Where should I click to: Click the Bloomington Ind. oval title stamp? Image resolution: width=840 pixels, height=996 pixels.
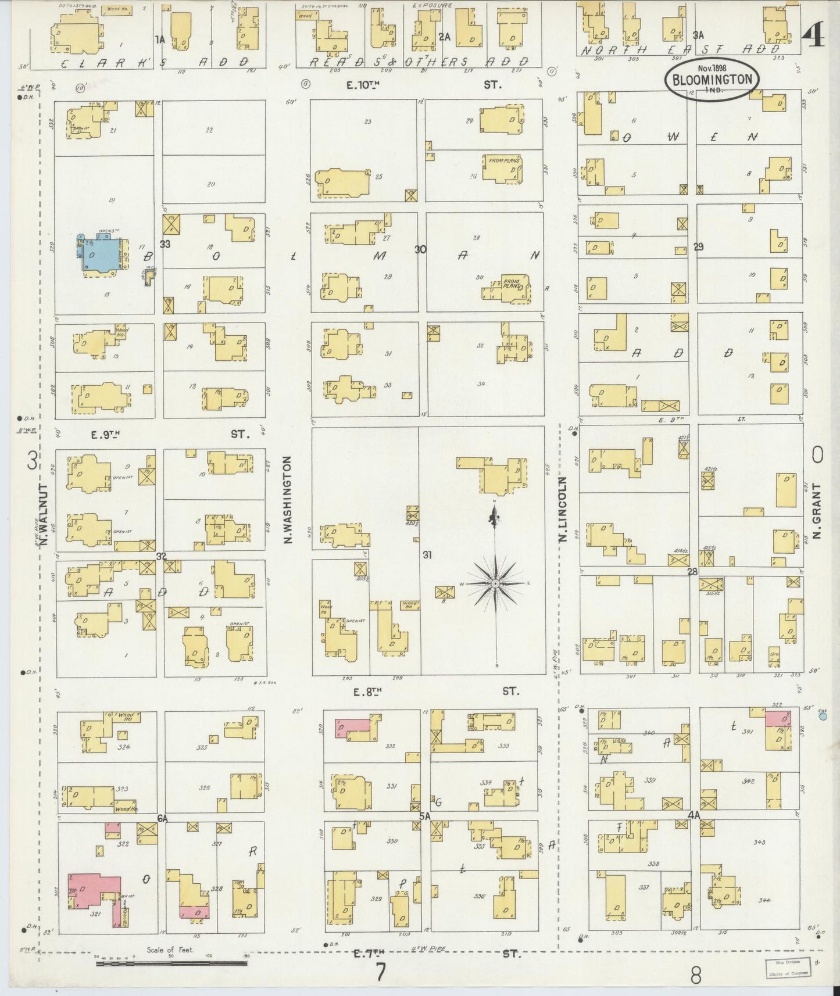(713, 80)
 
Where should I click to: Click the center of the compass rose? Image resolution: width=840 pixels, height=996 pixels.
(495, 583)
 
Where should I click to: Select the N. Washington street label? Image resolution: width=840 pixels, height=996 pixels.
(288, 500)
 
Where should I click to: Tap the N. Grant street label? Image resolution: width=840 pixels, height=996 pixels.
(817, 510)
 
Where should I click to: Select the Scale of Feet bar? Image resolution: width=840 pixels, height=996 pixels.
(171, 962)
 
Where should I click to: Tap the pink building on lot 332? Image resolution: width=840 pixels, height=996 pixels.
(352, 728)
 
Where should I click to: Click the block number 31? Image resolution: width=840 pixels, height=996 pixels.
(427, 555)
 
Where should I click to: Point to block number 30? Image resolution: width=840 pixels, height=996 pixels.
(420, 249)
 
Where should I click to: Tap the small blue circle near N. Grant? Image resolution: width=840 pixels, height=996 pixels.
(823, 716)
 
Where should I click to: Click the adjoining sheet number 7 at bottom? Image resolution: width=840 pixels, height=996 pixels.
(381, 972)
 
